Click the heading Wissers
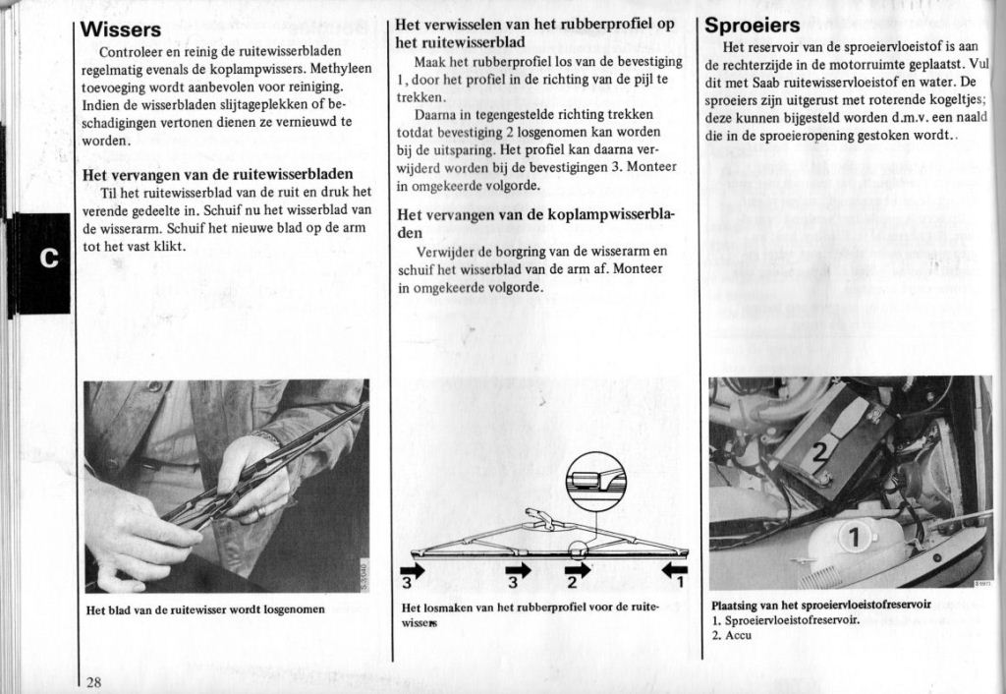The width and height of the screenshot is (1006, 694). (x=123, y=29)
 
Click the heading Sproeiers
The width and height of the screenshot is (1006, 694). (x=754, y=26)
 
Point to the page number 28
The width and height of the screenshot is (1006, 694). (x=93, y=682)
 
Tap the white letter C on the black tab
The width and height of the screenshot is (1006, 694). (x=48, y=259)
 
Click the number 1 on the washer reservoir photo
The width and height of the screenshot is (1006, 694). (x=853, y=538)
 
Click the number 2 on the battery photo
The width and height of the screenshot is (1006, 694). (x=821, y=451)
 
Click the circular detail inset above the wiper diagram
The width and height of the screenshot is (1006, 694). (x=595, y=482)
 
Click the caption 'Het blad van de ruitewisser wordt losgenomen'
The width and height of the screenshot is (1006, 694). (x=205, y=609)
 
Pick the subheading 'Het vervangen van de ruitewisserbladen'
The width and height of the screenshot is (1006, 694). (x=218, y=174)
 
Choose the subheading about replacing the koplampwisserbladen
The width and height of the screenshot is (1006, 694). (x=535, y=223)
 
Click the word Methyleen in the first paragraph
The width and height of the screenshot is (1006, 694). (x=341, y=69)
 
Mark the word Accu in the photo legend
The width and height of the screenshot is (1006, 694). (x=738, y=635)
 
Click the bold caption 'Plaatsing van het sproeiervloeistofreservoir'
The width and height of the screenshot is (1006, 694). (x=820, y=605)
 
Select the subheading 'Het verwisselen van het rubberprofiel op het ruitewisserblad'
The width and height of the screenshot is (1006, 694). (x=535, y=33)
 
